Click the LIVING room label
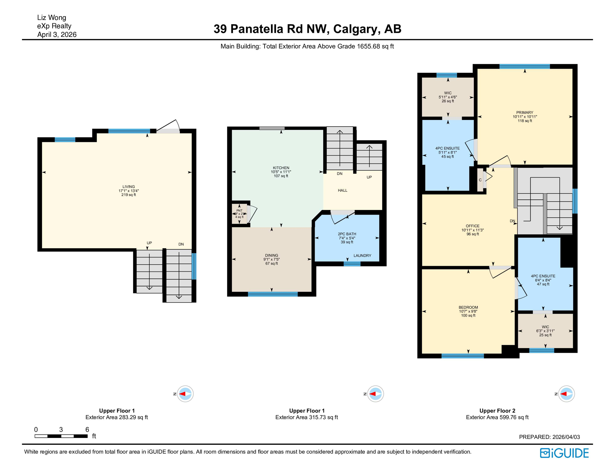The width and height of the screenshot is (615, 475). tap(128, 187)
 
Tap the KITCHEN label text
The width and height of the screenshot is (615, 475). tap(281, 168)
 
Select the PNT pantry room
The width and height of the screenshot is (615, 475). tap(239, 213)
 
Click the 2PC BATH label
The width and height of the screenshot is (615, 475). tap(347, 234)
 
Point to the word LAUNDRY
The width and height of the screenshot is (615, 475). tap(362, 256)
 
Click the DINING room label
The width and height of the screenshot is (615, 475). tap(271, 255)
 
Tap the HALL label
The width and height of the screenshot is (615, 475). tap(342, 190)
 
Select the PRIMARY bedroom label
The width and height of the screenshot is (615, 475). tap(525, 113)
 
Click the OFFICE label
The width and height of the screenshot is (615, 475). tap(472, 226)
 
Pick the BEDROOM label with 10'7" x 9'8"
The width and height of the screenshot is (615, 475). tap(468, 307)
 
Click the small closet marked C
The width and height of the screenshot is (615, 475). tap(480, 180)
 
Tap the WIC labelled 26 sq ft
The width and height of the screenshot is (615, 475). tap(448, 93)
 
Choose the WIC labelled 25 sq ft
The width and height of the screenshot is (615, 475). tap(545, 327)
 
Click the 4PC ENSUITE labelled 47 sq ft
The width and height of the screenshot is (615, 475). tap(543, 276)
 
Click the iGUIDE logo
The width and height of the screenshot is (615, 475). tap(564, 453)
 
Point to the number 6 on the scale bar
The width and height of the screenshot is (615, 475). tap(87, 430)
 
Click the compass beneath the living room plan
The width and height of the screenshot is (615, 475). tap(185, 394)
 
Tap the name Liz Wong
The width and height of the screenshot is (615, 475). tap(52, 18)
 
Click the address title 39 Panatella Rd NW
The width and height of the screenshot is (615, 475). tap(307, 29)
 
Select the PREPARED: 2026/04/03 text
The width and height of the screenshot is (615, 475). tap(549, 437)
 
